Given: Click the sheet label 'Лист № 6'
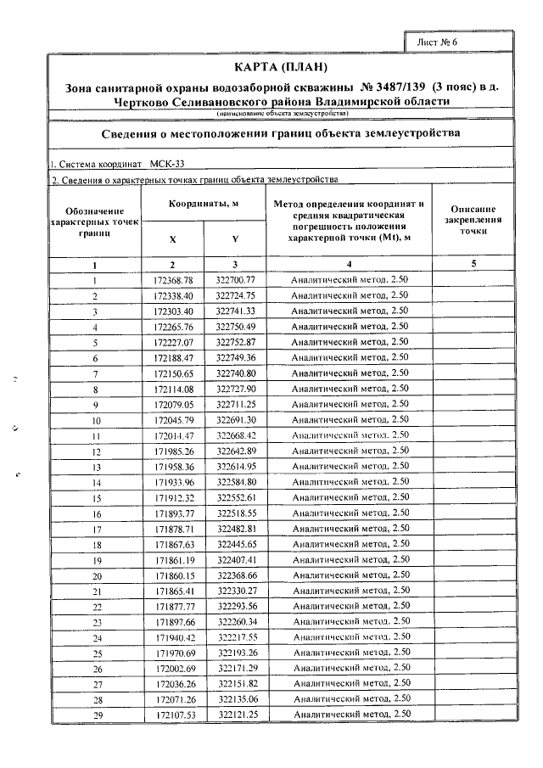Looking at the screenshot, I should pos(439,42).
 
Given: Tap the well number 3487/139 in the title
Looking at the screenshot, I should pos(394,87).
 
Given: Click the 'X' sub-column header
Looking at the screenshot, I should pos(173,239).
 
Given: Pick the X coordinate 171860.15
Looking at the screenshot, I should pos(174,575).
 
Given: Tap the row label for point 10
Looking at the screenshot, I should pos(96,420).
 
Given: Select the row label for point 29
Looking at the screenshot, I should pos(96,716).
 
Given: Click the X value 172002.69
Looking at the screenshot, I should pos(174,669).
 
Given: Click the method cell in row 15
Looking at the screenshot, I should pos(350,497).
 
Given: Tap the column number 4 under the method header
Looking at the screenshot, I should pos(350,264).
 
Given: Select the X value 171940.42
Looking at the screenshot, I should pos(174,637).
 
